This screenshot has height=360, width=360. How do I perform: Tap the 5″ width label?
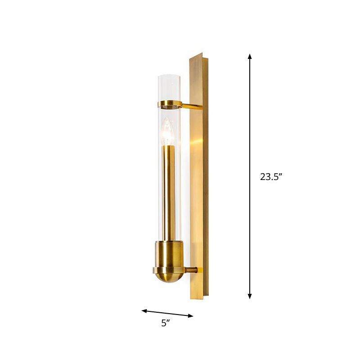click(166, 323)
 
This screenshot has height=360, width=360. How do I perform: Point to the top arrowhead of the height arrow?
click(250, 57)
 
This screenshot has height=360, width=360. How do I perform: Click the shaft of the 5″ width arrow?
click(167, 313)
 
